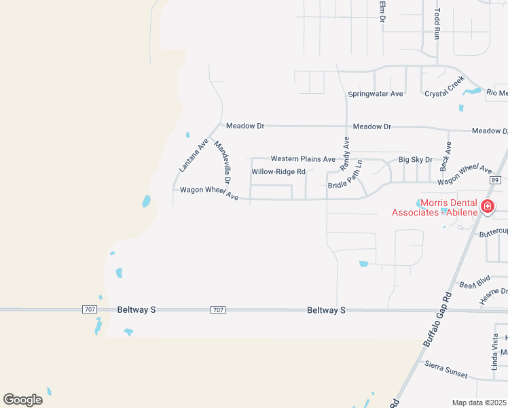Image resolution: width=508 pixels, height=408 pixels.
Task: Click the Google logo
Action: tap(22, 400)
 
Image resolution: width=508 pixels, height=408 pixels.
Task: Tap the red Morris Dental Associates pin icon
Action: tap(487, 206)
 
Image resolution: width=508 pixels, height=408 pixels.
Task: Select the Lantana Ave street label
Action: tap(193, 155)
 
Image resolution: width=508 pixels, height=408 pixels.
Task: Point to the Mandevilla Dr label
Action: tap(223, 163)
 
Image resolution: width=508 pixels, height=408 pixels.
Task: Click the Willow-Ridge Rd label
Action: tap(278, 172)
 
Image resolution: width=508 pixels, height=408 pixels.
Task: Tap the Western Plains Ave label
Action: tap(303, 159)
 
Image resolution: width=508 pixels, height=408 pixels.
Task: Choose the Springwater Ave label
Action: tap(376, 93)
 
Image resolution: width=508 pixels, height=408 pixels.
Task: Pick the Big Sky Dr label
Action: tap(415, 160)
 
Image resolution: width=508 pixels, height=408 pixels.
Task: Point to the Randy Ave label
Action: tap(345, 152)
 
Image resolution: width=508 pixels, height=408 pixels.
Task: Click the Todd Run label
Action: tap(438, 24)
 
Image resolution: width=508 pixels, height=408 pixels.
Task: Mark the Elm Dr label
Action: tap(382, 12)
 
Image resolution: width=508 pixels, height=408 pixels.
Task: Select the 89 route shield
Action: tap(494, 180)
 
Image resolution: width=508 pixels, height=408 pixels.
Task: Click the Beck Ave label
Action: tap(446, 156)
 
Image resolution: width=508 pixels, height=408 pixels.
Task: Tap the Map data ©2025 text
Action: tap(479, 403)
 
